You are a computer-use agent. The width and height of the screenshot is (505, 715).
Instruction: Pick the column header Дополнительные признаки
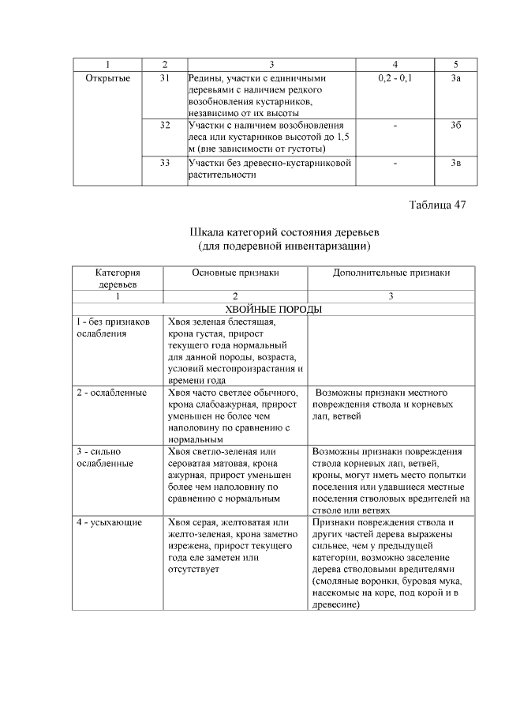[391, 273]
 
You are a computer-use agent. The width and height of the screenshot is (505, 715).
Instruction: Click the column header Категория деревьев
[117, 277]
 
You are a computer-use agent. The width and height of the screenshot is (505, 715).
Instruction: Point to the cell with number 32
[165, 126]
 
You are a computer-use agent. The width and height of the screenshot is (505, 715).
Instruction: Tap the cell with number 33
[165, 162]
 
